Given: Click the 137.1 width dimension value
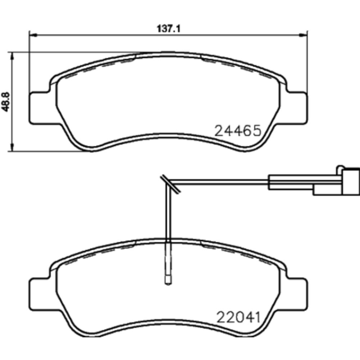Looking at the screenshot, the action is pyautogui.click(x=169, y=29).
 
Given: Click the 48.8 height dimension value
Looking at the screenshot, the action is pyautogui.click(x=5, y=102).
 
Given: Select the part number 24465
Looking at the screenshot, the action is pyautogui.click(x=238, y=131).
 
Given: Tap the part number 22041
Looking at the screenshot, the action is pyautogui.click(x=239, y=317).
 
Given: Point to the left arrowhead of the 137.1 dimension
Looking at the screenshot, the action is pyautogui.click(x=33, y=35).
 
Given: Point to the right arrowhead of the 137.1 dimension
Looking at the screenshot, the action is pyautogui.click(x=303, y=35).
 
